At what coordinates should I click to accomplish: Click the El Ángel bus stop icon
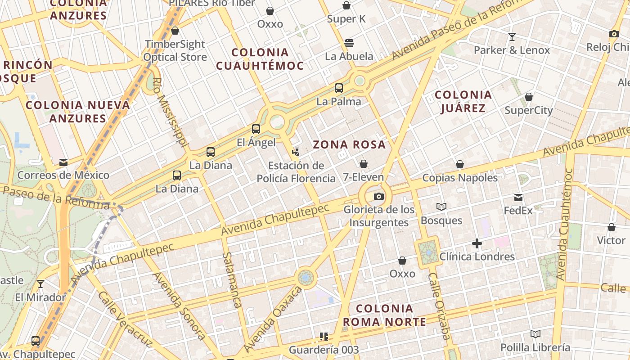[256, 129]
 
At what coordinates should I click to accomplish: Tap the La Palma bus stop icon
[339, 88]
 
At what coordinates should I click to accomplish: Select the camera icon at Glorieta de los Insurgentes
[379, 196]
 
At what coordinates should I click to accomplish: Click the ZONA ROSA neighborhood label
[349, 145]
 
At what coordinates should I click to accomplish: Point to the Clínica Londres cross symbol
[477, 244]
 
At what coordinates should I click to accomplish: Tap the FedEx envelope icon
[518, 197]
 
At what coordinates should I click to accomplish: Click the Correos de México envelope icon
[63, 162]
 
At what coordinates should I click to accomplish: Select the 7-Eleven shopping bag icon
[364, 164]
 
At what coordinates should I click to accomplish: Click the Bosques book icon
[441, 207]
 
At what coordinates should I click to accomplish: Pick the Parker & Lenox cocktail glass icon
[512, 37]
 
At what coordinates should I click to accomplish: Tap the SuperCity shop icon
[529, 97]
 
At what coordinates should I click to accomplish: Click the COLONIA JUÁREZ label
[463, 101]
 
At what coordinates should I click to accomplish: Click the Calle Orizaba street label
[439, 306]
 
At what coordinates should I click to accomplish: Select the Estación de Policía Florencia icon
[296, 152]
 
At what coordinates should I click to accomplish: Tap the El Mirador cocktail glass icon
[40, 284]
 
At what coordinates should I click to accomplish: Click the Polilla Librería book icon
[535, 334]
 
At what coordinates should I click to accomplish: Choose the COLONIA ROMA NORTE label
[384, 315]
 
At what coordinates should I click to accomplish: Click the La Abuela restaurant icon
[349, 43]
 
